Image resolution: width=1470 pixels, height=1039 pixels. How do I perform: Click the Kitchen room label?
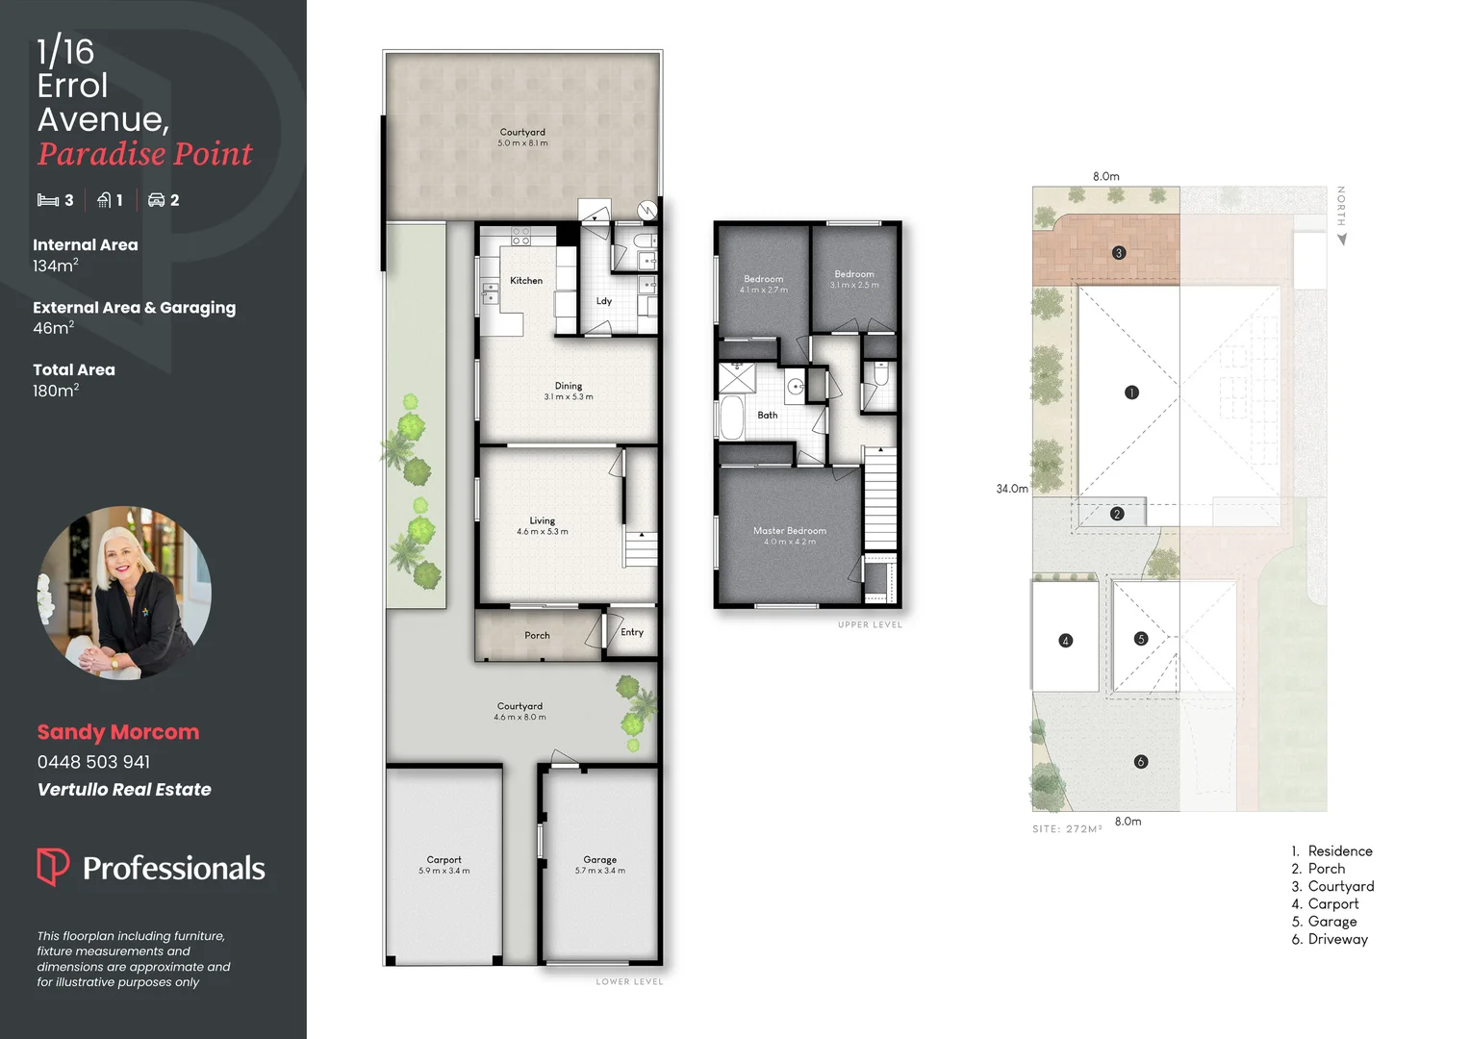526,281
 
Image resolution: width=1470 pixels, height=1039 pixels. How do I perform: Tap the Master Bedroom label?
789,531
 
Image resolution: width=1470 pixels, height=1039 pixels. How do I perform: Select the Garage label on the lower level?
599,860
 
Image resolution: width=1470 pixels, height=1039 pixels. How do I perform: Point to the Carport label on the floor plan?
444,860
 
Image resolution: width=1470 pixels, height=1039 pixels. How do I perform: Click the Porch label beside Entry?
537,636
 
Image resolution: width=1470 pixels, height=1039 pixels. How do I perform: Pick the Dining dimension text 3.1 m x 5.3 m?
568,397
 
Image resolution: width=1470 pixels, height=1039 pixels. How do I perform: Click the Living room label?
542,520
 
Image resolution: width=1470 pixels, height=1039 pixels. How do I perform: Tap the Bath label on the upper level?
767,416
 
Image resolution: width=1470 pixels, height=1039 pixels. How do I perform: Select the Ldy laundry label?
604,301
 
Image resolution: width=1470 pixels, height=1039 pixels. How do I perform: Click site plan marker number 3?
1118,253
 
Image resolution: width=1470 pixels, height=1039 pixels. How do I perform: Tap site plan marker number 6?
1141,762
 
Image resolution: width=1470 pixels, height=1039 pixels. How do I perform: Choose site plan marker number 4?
1065,641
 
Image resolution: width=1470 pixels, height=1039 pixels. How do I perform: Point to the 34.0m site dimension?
1011,489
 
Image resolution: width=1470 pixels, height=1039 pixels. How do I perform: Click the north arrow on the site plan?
1341,240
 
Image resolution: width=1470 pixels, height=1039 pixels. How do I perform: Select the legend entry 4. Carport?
1325,904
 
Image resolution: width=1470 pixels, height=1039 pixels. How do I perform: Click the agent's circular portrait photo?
124,593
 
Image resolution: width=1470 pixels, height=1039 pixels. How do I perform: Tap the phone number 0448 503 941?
93,762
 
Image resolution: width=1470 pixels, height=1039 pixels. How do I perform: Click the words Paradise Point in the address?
144,154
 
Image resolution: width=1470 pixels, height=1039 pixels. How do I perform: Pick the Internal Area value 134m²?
55,266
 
